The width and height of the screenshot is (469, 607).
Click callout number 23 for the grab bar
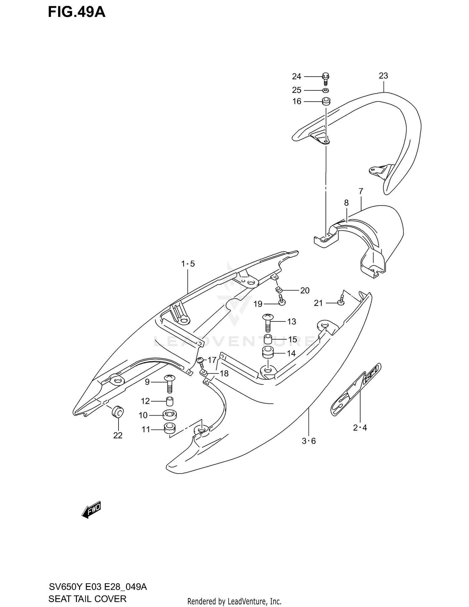[383, 76]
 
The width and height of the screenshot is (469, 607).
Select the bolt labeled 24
[325, 78]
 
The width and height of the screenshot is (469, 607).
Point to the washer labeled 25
[325, 90]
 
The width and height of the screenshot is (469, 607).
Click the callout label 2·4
[360, 428]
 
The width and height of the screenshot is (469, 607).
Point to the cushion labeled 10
[169, 415]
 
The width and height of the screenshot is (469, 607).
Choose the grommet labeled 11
[170, 428]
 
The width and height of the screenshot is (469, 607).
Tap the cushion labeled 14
[268, 353]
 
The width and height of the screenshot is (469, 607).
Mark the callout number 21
[318, 303]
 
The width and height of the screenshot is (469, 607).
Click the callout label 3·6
[309, 441]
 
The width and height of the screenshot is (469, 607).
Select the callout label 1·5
[188, 264]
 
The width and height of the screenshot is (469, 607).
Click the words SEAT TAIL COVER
[87, 599]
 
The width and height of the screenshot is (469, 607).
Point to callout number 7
[361, 191]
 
